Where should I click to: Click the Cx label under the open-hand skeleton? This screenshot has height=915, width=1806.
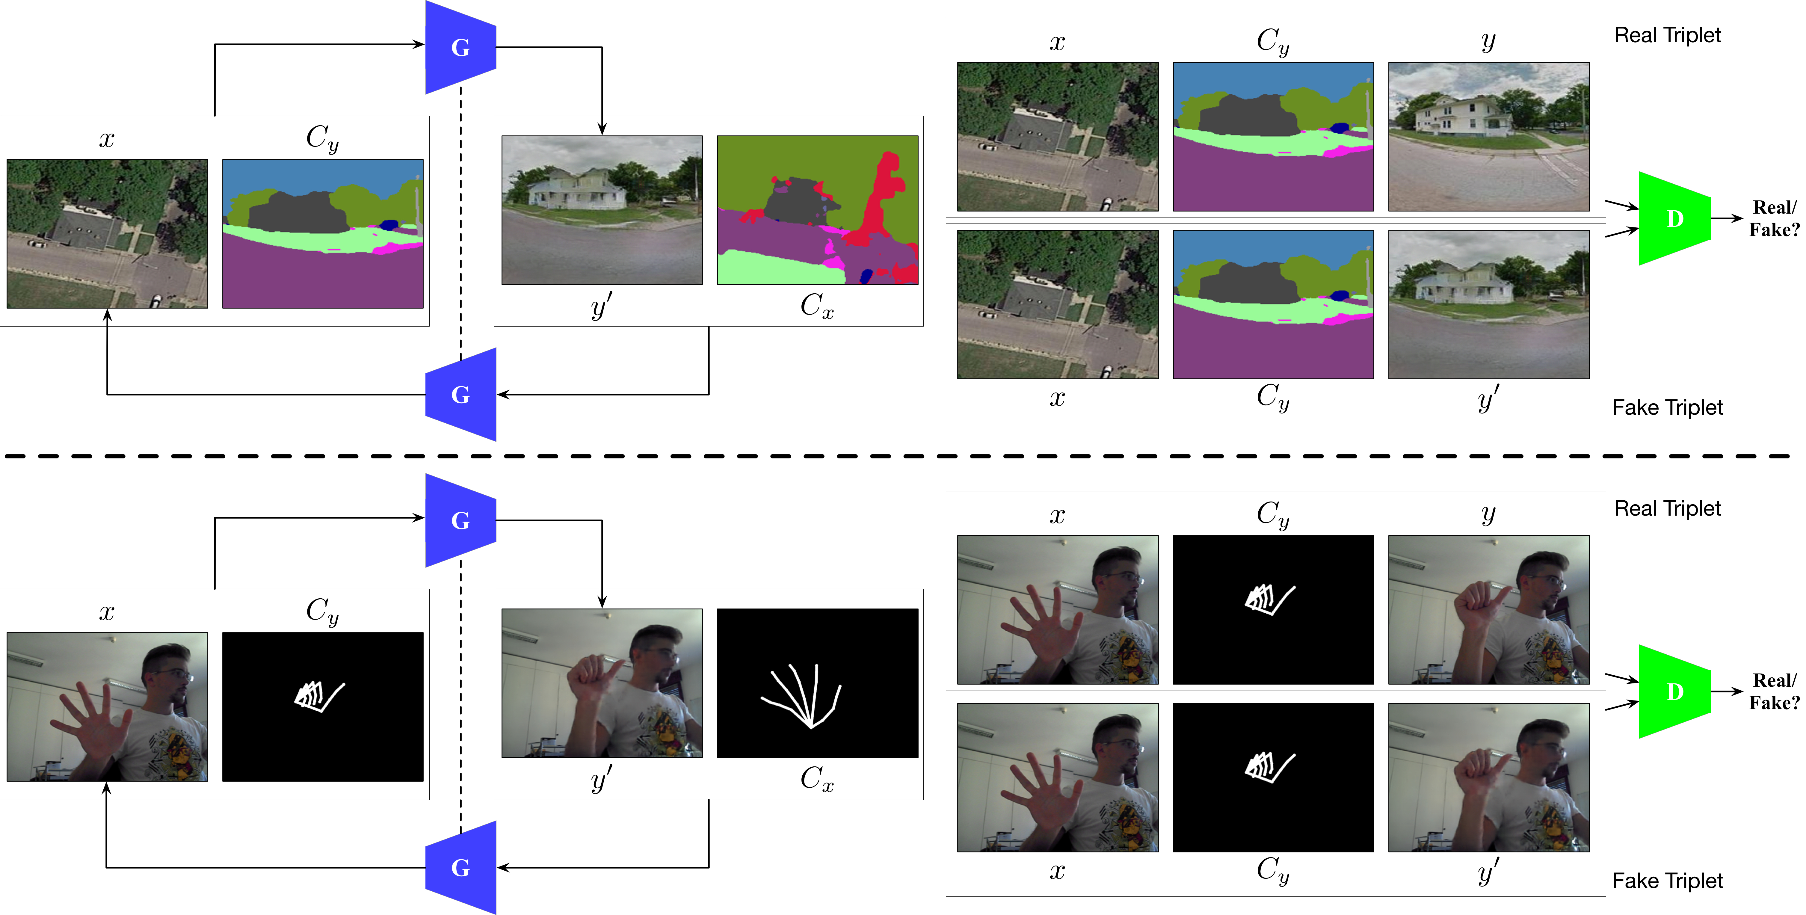(817, 778)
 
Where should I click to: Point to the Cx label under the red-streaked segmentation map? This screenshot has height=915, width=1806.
(817, 306)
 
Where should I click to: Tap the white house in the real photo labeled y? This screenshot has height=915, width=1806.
(1462, 116)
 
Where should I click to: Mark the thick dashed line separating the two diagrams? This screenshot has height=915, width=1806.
(897, 456)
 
